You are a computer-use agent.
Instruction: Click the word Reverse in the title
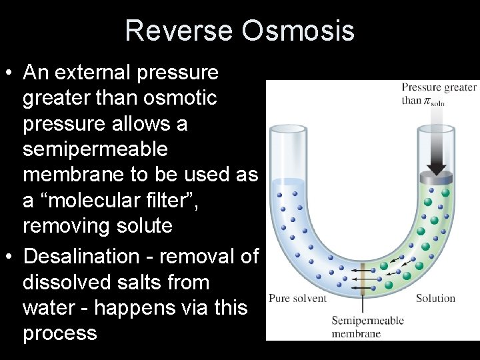coord(177,31)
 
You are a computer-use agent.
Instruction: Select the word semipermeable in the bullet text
coord(95,149)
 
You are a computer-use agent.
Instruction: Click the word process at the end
coord(59,333)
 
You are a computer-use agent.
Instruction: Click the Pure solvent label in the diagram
coord(297,298)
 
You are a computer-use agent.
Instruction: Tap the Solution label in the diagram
coord(435,298)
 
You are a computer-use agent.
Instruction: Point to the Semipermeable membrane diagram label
coord(367,327)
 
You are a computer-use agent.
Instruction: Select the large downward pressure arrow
coord(437,143)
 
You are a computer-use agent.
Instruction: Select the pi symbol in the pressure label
coord(427,101)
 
